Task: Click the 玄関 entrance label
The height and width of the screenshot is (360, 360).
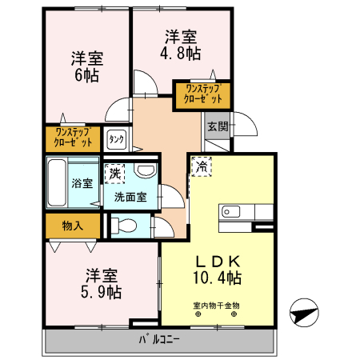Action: coord(217,126)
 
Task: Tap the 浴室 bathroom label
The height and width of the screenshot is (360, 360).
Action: coord(82,182)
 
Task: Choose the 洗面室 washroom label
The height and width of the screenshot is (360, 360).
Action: coord(129,196)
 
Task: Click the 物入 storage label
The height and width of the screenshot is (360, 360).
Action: coord(72,226)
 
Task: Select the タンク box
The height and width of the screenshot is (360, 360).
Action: coord(116,139)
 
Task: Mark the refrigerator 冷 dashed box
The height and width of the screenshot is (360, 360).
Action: coord(201,168)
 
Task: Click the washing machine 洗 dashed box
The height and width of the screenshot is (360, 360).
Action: coord(115,173)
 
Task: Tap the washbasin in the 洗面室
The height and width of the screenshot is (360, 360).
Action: coord(145,171)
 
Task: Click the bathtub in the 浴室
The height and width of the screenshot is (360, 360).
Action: coord(57,183)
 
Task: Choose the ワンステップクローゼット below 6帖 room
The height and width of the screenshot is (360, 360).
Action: coord(72,138)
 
